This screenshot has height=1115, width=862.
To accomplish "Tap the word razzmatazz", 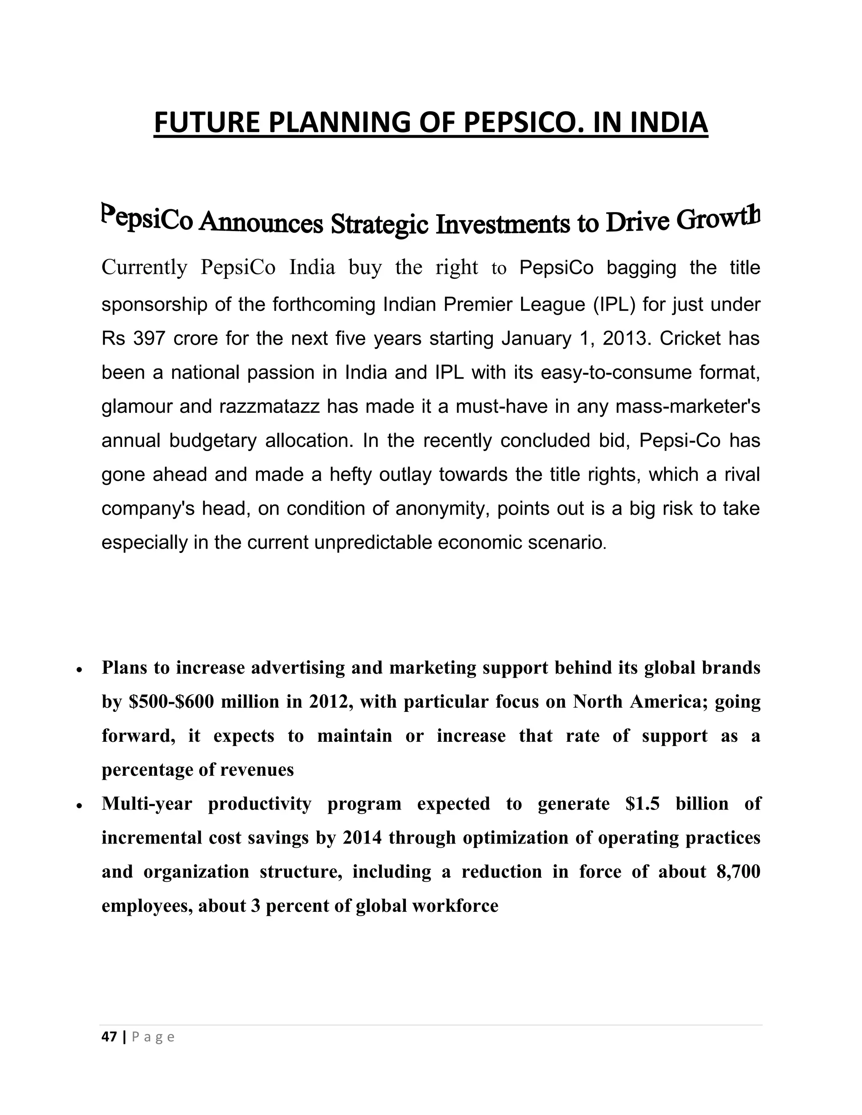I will point(270,406).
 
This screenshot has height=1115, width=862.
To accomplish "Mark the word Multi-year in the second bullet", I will point(146,804).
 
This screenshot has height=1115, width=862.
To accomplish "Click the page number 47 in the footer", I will point(109,1037).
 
